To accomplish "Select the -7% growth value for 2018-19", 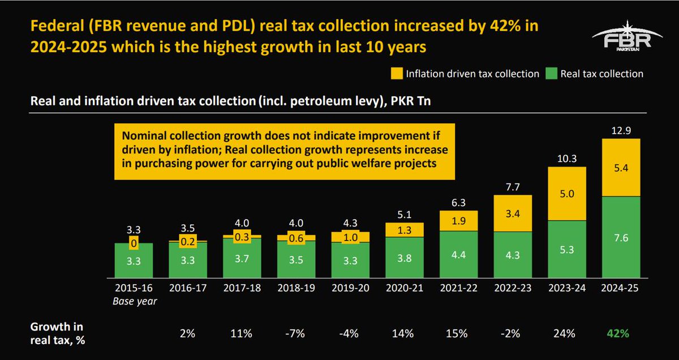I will point(296,333).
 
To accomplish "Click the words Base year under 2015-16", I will point(134,301).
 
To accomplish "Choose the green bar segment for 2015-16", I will point(134,261).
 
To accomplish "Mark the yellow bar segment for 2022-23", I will point(513,213).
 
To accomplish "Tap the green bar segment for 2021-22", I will point(458,255).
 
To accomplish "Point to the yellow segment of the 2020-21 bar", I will point(404,229).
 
